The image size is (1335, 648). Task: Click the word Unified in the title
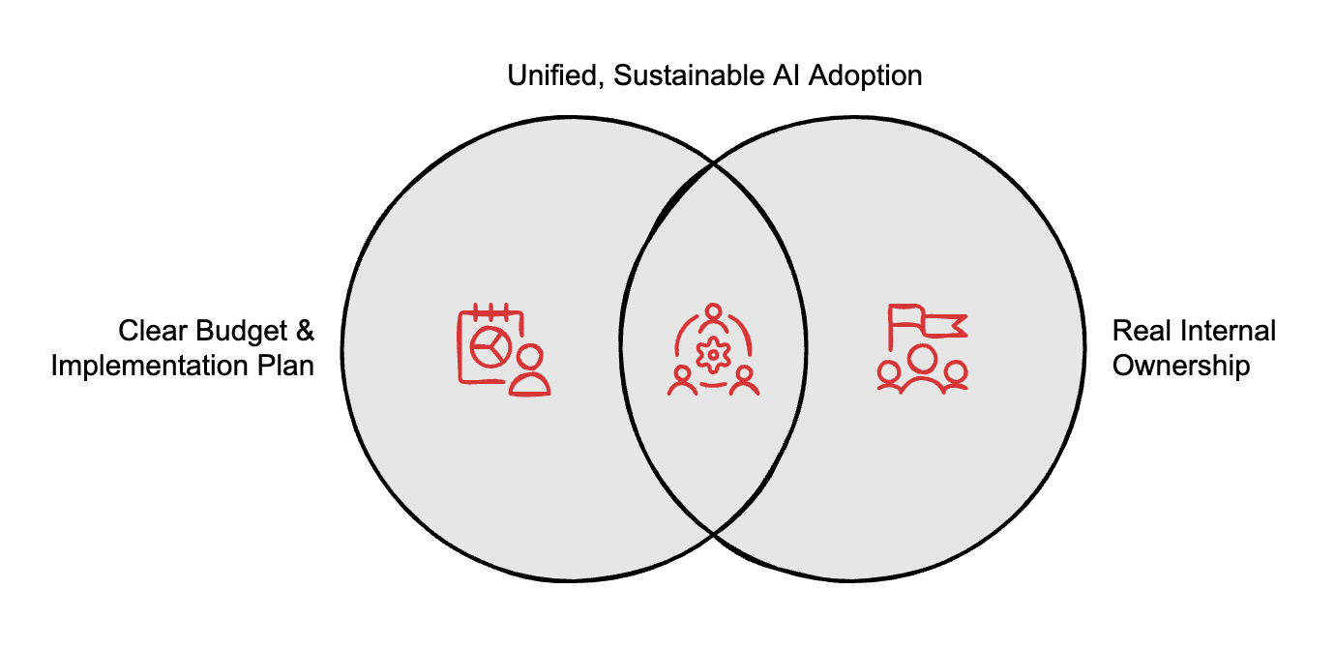[547, 75]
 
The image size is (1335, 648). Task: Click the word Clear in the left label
[152, 332]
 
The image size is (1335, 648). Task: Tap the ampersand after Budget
[305, 332]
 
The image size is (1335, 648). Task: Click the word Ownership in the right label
[1180, 367]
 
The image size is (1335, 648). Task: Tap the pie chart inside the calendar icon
[491, 346]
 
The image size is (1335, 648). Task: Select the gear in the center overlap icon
[713, 356]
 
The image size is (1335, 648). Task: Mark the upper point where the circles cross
[714, 163]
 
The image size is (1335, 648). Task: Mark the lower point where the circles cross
[714, 533]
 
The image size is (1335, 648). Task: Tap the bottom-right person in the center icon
[743, 380]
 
